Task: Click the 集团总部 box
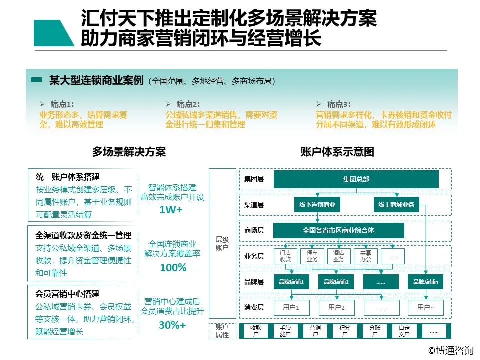356,179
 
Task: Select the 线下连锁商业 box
317,205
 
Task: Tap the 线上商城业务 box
396,205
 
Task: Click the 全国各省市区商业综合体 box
338,230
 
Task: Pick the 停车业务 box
312,256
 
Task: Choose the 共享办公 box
365,256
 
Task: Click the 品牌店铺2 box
336,282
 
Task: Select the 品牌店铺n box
426,282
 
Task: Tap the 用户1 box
291,307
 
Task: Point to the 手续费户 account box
285,331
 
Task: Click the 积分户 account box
344,331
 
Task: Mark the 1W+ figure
171,209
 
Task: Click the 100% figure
173,268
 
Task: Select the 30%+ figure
172,325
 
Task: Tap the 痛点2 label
188,104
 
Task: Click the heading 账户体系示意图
337,152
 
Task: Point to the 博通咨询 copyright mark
451,350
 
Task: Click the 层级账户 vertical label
222,243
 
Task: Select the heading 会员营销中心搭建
67,294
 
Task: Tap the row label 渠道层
254,205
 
